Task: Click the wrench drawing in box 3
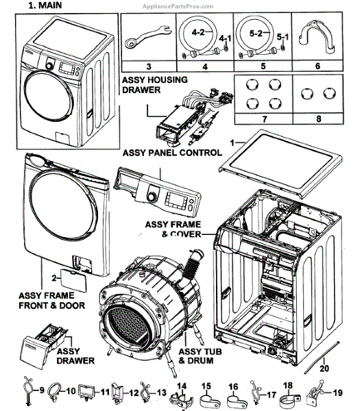(x=147, y=37)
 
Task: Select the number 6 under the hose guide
(x=317, y=66)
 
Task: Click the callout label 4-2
(x=198, y=32)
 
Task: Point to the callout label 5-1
(x=283, y=37)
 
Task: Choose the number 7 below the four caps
(x=264, y=119)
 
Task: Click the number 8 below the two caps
(x=318, y=119)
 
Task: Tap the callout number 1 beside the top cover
(x=232, y=143)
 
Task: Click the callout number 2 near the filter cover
(x=53, y=278)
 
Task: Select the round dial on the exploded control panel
(x=152, y=197)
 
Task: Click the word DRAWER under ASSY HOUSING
(x=141, y=90)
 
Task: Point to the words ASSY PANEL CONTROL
(x=172, y=153)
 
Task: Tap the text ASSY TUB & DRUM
(x=200, y=356)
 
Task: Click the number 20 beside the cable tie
(x=324, y=369)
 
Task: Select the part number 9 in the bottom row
(x=41, y=390)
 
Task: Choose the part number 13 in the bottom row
(x=162, y=393)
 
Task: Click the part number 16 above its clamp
(x=233, y=386)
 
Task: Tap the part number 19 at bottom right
(x=337, y=393)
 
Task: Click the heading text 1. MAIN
(x=45, y=5)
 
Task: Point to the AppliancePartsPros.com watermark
(x=178, y=6)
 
